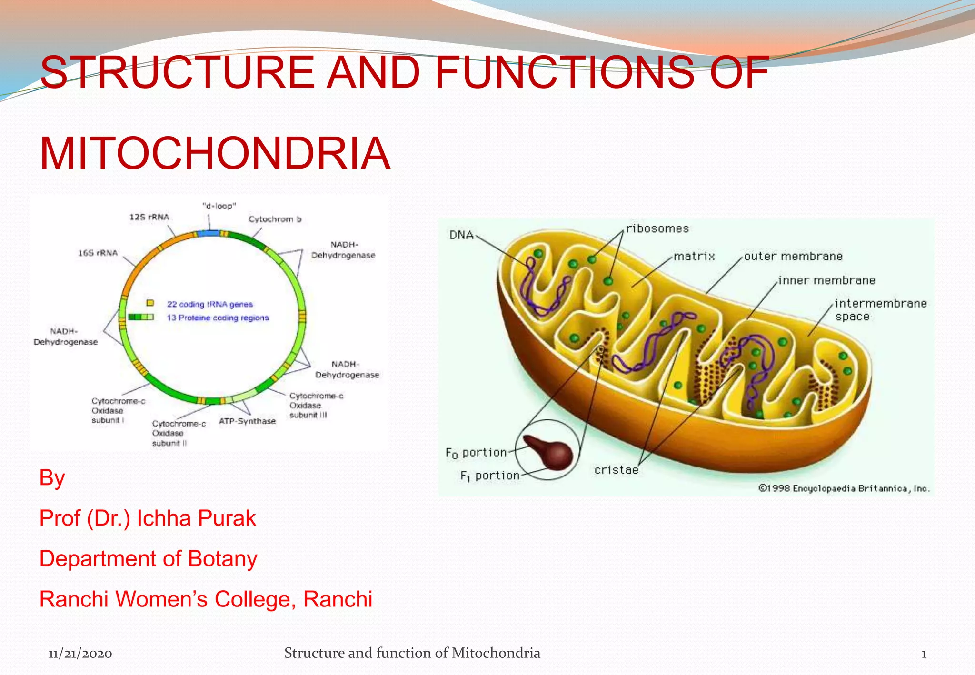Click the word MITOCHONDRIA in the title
(x=215, y=154)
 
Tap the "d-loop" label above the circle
(x=219, y=206)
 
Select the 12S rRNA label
(x=149, y=217)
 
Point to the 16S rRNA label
(x=98, y=253)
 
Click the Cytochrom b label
(x=275, y=219)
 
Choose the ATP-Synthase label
(x=247, y=421)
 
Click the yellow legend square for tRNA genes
(x=150, y=303)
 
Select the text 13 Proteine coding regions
(x=218, y=318)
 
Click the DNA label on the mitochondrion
(x=461, y=235)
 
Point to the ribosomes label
(x=657, y=228)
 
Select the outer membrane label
(x=793, y=256)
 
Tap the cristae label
(x=616, y=470)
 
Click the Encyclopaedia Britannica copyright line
(x=844, y=488)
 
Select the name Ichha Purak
(x=196, y=518)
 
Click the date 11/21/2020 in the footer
(x=80, y=654)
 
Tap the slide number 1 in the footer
(x=924, y=654)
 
